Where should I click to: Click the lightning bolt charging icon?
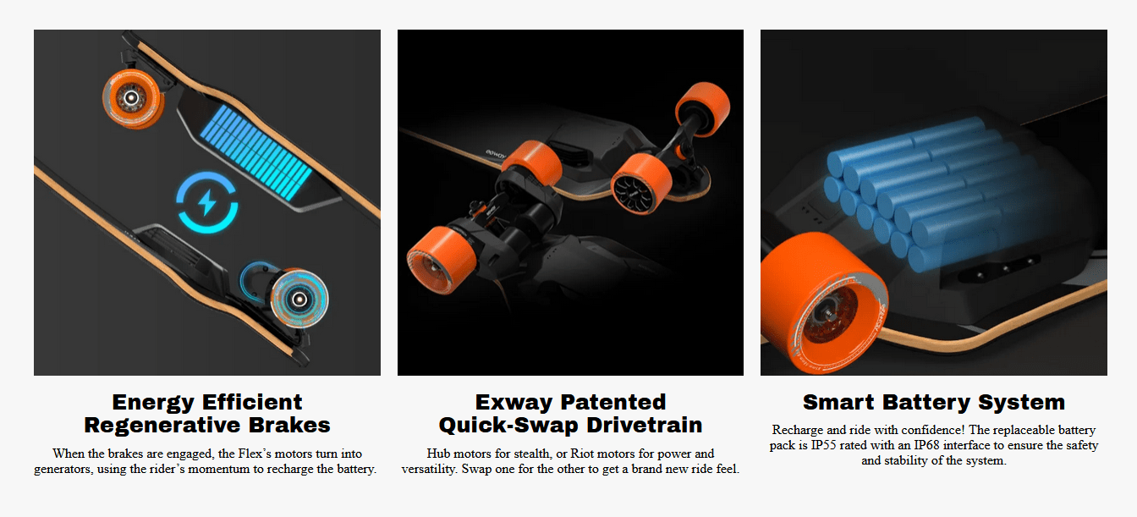tap(206, 202)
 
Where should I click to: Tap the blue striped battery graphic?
tap(256, 152)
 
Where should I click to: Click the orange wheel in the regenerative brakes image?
tap(134, 98)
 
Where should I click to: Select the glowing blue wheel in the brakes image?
tap(299, 300)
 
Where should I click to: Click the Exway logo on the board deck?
tap(497, 153)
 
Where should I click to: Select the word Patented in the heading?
tap(613, 402)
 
